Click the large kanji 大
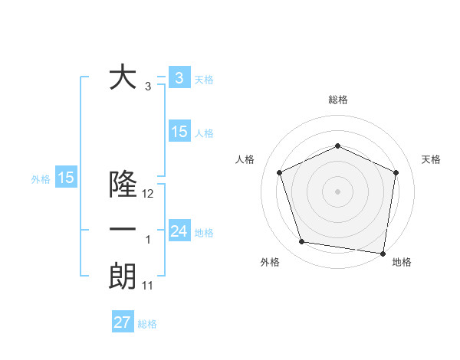[123, 78]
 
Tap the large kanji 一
[123, 230]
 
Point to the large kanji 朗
[123, 276]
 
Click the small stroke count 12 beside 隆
[148, 194]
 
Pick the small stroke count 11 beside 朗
[148, 286]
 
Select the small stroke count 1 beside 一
[148, 240]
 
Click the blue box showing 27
[123, 322]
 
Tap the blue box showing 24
[179, 231]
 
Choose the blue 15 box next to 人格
[179, 131]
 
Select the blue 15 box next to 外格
[66, 178]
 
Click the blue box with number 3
[179, 77]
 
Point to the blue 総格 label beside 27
[147, 324]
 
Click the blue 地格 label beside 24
[205, 232]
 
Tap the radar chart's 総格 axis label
[337, 100]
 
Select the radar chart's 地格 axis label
[402, 262]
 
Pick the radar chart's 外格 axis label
[270, 262]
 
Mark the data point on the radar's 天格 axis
[396, 172]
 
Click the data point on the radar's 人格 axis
[280, 172]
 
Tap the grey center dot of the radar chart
[337, 191]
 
